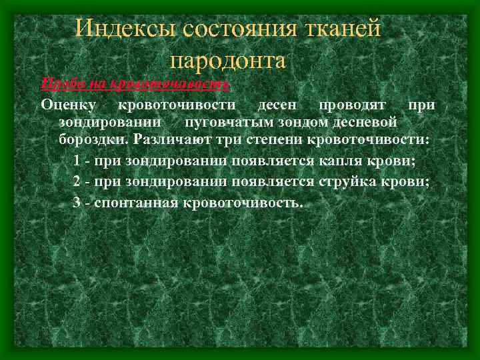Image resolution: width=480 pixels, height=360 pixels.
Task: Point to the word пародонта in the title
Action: [228, 61]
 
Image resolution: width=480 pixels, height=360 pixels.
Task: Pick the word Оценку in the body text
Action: [69, 105]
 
